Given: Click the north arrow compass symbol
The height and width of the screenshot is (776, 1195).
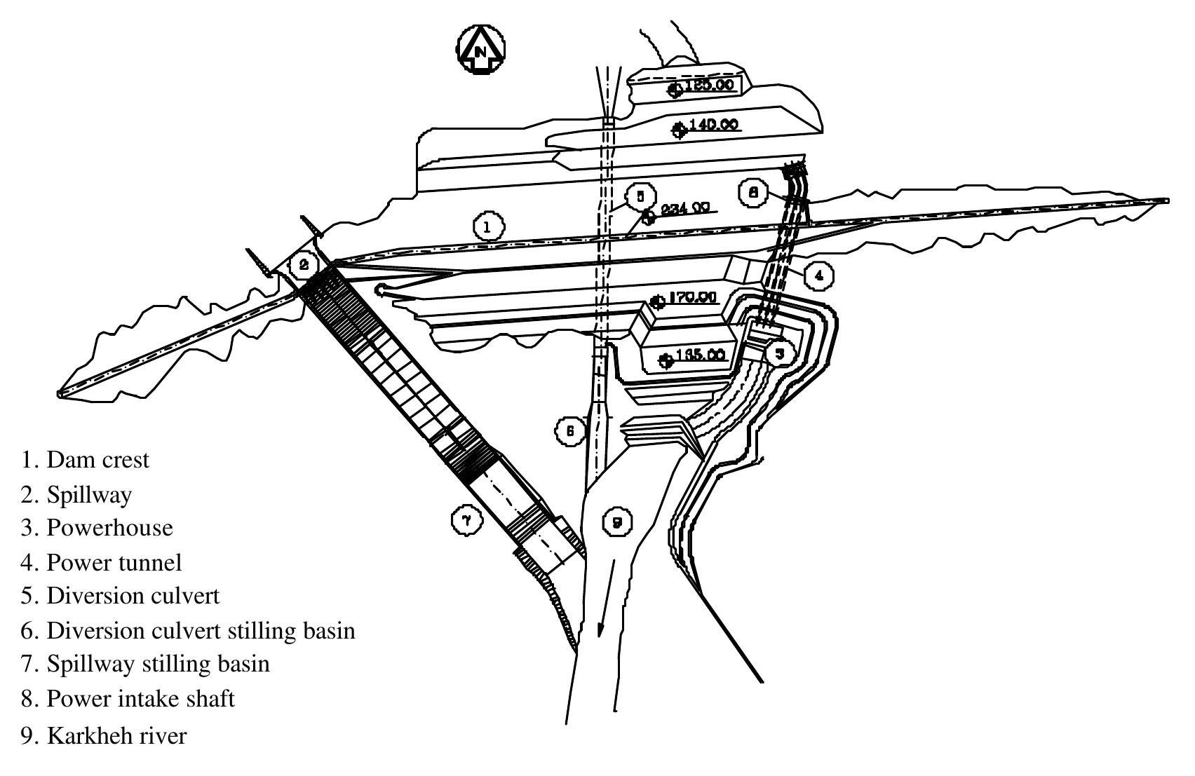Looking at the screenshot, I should [481, 50].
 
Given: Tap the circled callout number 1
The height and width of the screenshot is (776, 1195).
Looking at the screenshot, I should [489, 226].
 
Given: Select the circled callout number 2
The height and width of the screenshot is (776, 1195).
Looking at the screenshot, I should [304, 265].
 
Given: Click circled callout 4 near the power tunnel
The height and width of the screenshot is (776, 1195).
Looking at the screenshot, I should [818, 275].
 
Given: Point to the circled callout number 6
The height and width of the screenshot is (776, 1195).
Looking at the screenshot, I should [570, 430].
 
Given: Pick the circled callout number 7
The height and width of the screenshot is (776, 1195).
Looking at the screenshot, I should [466, 520].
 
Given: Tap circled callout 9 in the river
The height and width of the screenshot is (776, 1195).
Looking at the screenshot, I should [617, 522].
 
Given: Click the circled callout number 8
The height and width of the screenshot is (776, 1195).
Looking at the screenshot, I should [753, 192].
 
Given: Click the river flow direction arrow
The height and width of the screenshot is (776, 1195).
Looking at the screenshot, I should [607, 596].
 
